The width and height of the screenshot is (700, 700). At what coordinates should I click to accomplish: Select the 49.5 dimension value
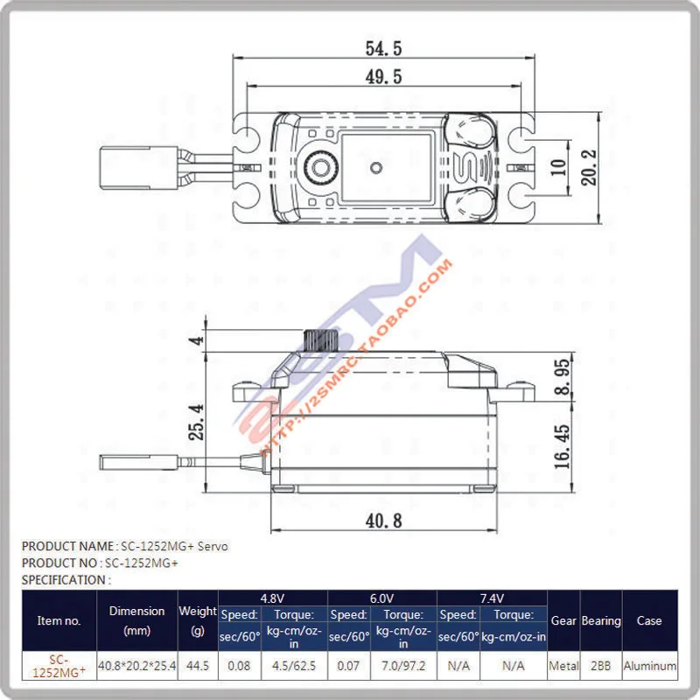point(384,77)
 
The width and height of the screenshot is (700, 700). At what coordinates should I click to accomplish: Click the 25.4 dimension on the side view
point(199,422)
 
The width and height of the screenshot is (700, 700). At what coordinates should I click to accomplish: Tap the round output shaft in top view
point(321,166)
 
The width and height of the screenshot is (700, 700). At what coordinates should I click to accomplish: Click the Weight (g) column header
point(197,619)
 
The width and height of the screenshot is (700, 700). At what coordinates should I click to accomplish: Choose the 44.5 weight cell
point(197,666)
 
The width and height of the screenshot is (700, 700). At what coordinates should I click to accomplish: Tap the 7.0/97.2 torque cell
point(402,666)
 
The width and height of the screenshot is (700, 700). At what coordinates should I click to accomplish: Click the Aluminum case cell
point(649,666)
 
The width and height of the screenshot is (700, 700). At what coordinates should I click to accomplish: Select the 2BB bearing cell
point(600,666)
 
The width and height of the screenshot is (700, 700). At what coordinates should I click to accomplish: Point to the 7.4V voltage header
point(492,598)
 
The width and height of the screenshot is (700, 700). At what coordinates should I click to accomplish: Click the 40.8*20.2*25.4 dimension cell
point(136,666)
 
